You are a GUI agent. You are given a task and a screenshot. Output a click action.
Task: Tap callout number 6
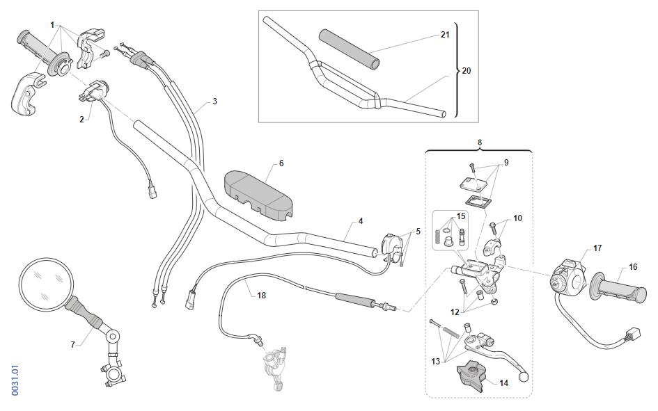coord(281,163)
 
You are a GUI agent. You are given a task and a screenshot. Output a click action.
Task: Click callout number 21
coord(445,34)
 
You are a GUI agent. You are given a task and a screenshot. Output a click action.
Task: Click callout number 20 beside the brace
coord(466,71)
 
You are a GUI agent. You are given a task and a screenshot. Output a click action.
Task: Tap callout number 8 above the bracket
coord(479,143)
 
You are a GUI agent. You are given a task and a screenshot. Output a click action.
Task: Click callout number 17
coord(597,248)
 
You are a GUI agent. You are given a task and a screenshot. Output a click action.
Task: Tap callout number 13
coord(437,362)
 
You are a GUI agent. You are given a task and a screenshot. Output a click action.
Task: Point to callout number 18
coord(261,296)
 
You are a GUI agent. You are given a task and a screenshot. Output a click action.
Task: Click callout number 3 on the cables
coord(214,102)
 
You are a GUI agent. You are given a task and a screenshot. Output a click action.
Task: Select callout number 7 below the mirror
coord(72,344)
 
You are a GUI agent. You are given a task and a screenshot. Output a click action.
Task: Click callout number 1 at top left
coord(52,24)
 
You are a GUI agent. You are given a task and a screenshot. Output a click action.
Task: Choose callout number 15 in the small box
coord(460,216)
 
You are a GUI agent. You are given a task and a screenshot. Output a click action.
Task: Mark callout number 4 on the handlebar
coord(361,221)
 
